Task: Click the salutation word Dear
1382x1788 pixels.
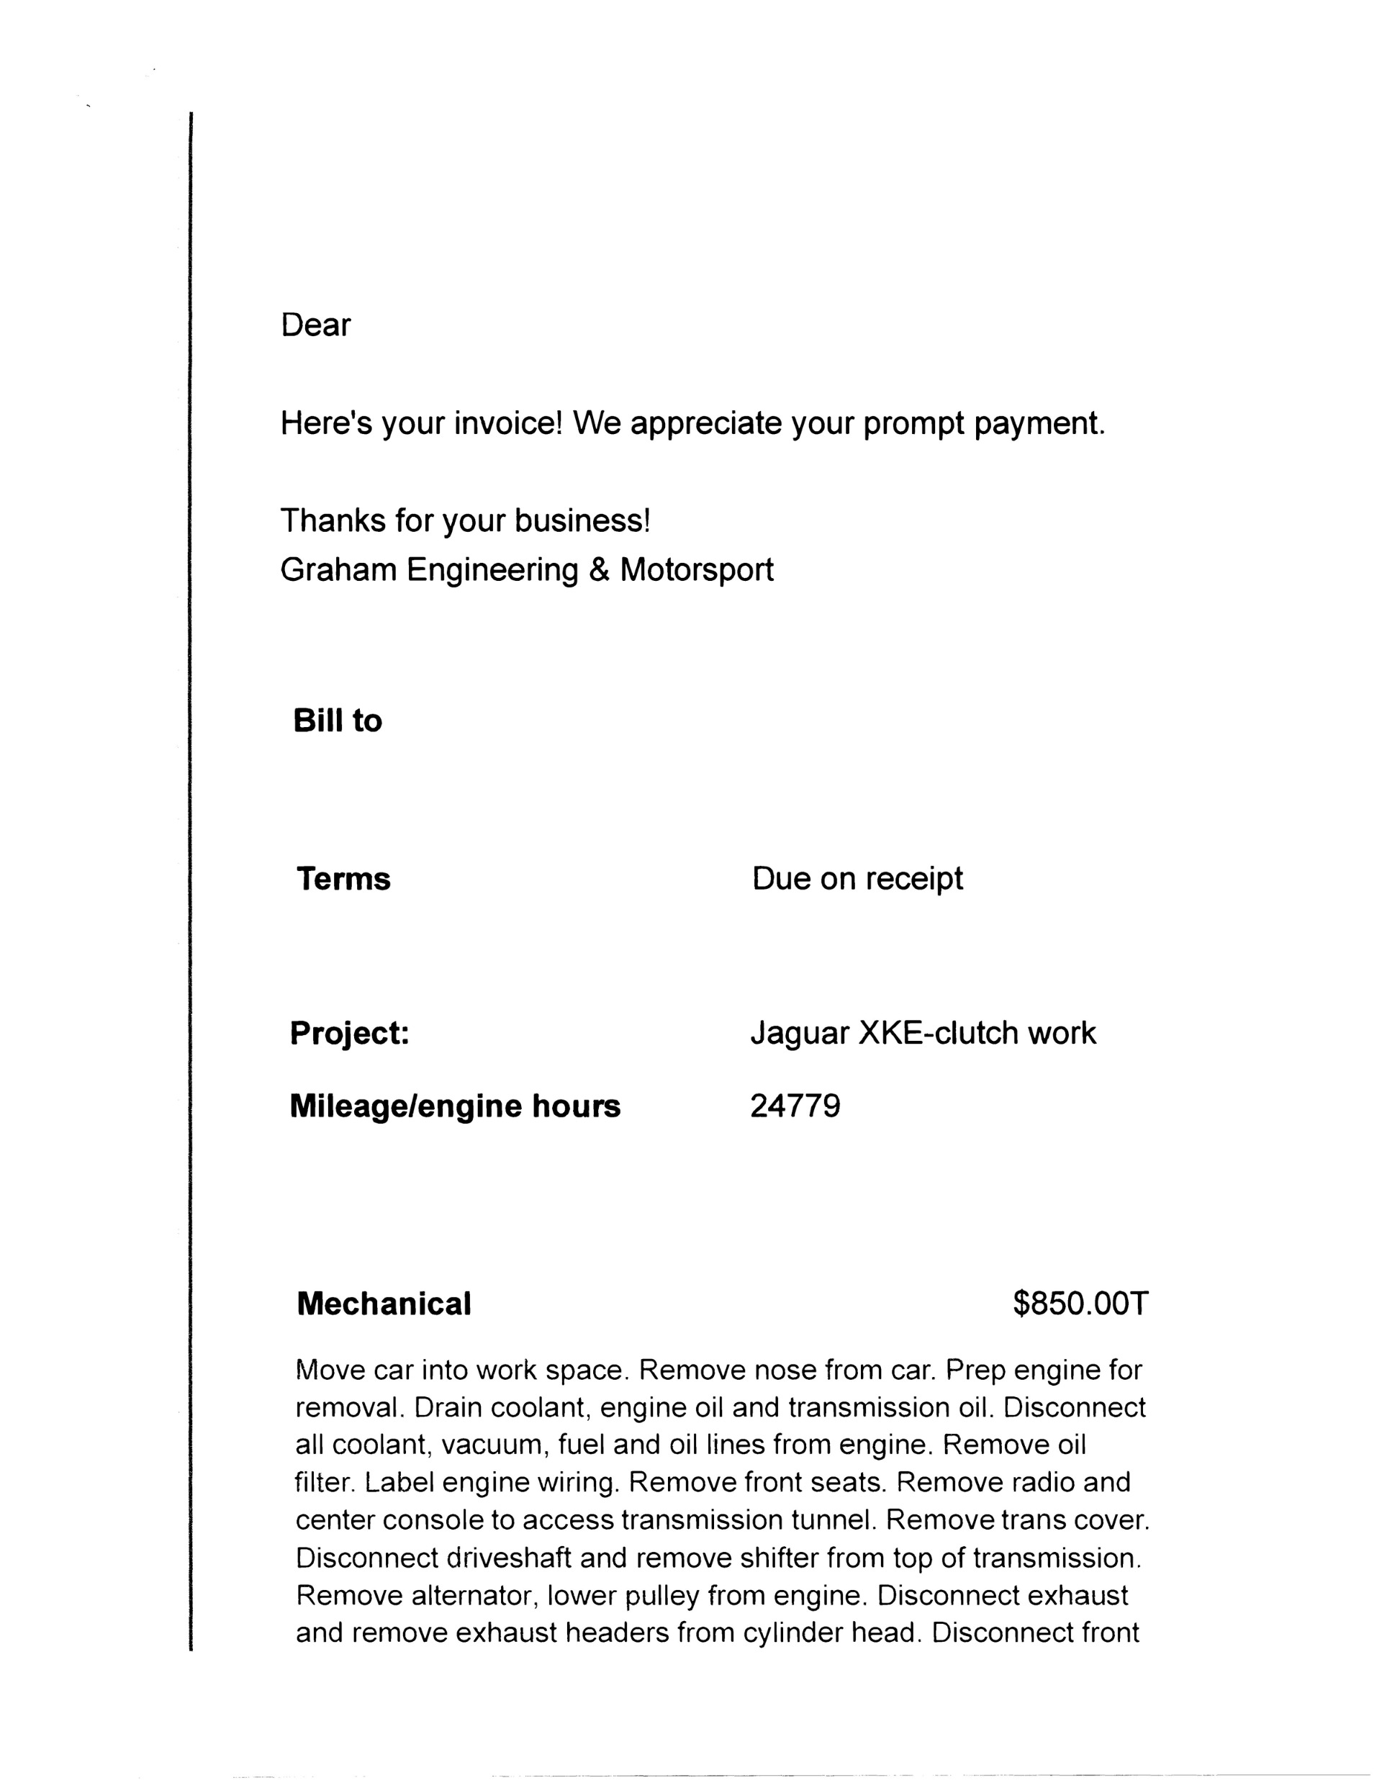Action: pos(315,325)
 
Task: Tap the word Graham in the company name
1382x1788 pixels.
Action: pos(338,570)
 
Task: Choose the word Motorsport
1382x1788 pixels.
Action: pos(696,571)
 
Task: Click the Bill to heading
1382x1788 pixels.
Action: pos(338,721)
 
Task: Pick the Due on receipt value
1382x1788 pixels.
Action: pos(857,878)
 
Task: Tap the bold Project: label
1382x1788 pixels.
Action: pos(350,1033)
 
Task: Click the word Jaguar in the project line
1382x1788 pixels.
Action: pos(800,1034)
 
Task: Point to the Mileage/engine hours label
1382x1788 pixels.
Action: pos(455,1106)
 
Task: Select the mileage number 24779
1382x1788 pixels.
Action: pos(795,1106)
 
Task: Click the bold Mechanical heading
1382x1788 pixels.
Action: pos(384,1304)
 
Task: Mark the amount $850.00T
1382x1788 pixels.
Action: pos(1080,1304)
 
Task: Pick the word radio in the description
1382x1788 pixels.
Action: pos(1043,1482)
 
